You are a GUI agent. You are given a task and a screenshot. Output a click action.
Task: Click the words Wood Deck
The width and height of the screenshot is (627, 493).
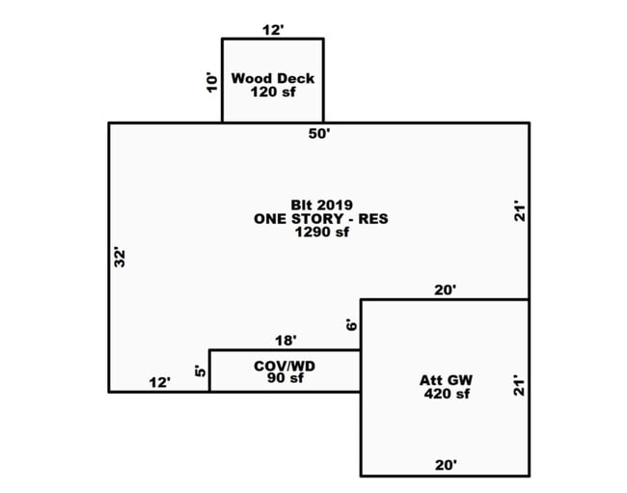pyautogui.click(x=273, y=78)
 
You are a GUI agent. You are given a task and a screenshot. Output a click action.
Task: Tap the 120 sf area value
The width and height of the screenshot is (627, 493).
pyautogui.click(x=273, y=92)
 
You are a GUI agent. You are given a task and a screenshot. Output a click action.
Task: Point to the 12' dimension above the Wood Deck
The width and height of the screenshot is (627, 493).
pyautogui.click(x=273, y=30)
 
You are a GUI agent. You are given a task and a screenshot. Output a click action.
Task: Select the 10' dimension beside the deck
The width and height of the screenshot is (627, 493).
pyautogui.click(x=212, y=82)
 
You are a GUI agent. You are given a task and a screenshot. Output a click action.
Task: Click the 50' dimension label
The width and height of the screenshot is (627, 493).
pyautogui.click(x=319, y=133)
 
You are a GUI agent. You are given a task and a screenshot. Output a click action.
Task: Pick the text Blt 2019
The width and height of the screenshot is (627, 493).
pyautogui.click(x=321, y=205)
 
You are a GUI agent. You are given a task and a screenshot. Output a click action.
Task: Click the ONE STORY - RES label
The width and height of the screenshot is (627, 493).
pyautogui.click(x=321, y=219)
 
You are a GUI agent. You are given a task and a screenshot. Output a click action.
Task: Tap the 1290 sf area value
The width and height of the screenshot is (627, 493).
pyautogui.click(x=322, y=232)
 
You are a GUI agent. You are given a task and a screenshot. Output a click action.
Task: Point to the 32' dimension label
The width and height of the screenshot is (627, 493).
pyautogui.click(x=120, y=257)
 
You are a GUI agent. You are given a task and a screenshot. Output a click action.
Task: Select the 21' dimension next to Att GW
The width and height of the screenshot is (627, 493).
pyautogui.click(x=519, y=386)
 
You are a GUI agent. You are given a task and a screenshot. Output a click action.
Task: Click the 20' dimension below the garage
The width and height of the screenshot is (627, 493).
pyautogui.click(x=446, y=465)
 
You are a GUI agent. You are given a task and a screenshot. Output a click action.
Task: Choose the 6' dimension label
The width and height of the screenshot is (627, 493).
pyautogui.click(x=351, y=325)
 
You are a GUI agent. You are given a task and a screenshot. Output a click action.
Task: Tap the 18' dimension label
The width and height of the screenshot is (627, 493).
pyautogui.click(x=286, y=341)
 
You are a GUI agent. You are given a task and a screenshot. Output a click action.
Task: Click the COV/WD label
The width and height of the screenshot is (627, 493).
pyautogui.click(x=285, y=366)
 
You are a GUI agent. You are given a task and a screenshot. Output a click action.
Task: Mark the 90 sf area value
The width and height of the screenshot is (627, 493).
pyautogui.click(x=286, y=378)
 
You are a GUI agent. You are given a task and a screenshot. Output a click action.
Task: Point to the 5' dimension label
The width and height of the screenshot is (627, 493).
pyautogui.click(x=201, y=371)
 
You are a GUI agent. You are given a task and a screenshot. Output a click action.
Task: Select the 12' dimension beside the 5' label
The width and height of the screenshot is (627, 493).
pyautogui.click(x=160, y=383)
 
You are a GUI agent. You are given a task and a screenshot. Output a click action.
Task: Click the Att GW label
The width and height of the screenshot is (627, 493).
pyautogui.click(x=446, y=380)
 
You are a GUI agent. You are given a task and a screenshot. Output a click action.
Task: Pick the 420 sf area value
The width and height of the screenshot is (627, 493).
pyautogui.click(x=447, y=394)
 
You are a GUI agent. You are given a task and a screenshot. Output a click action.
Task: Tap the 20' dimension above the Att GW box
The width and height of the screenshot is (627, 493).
pyautogui.click(x=446, y=289)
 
